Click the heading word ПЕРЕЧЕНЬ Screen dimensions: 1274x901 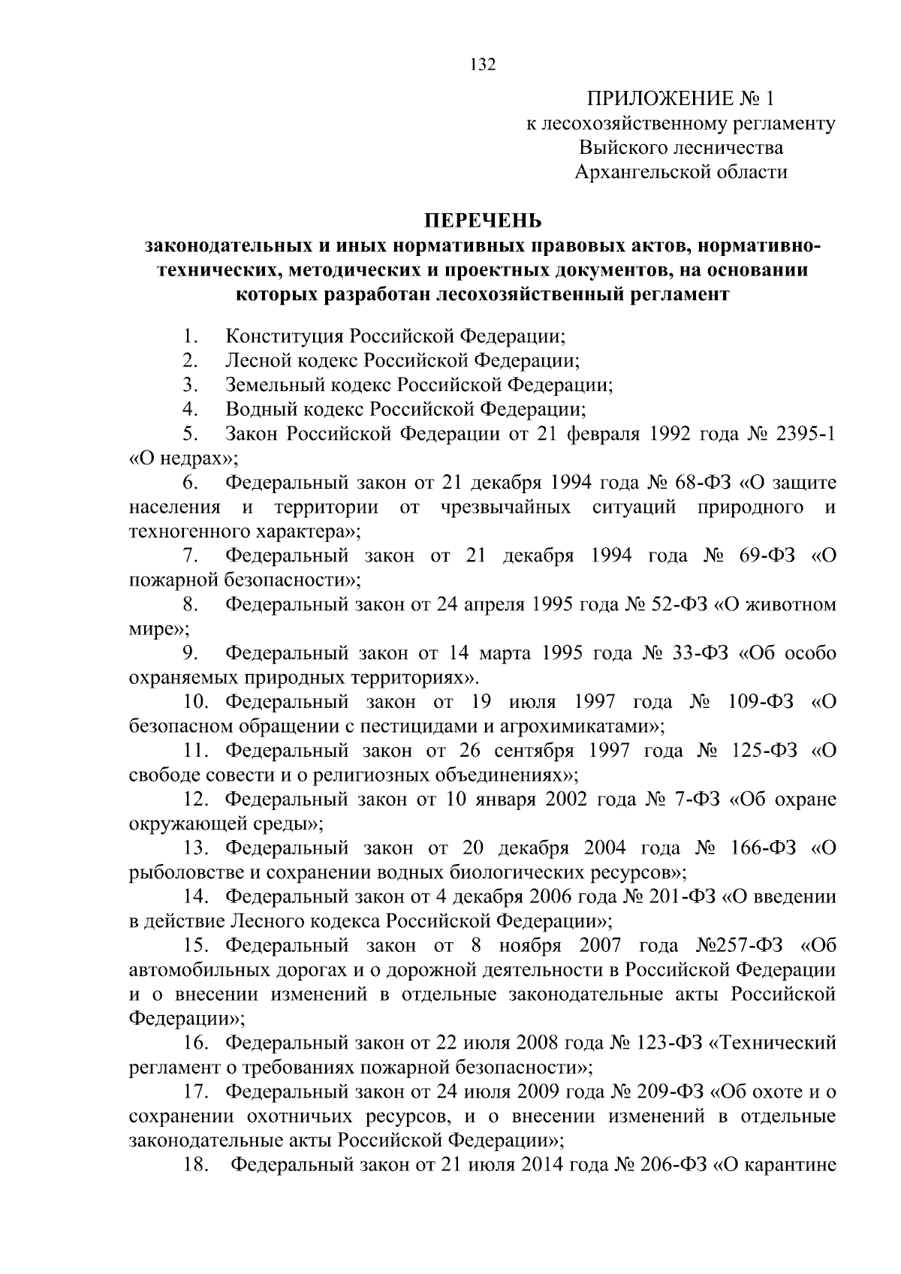click(x=483, y=221)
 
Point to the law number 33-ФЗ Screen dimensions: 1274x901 click(x=698, y=653)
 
